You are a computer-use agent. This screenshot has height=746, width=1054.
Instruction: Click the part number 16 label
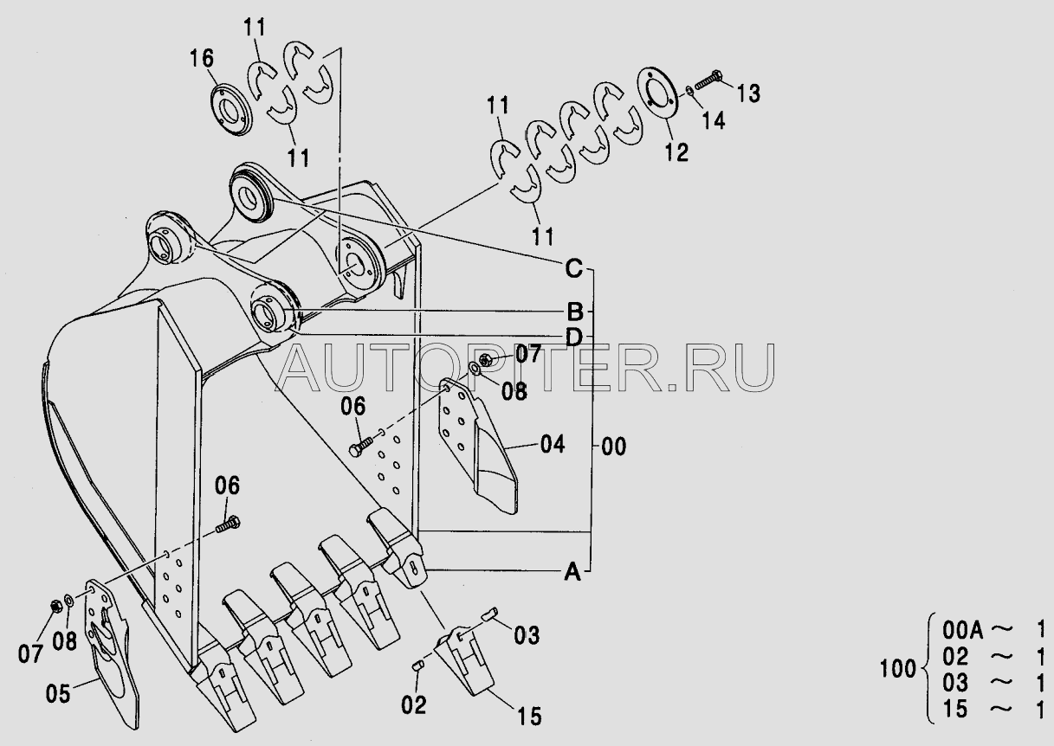201,60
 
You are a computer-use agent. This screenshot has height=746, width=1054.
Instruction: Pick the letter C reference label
573,269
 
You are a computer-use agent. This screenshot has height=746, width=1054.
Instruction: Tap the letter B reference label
574,311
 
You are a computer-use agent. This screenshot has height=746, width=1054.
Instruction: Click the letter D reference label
573,335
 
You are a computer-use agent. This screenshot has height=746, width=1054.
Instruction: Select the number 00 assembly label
613,447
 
